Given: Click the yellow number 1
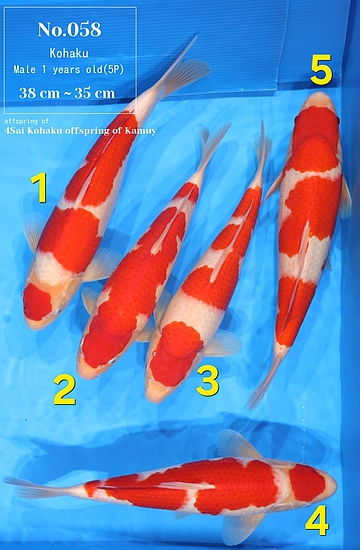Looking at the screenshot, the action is click(x=40, y=188).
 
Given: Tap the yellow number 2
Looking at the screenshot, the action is click(x=65, y=389).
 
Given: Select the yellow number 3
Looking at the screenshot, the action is click(x=208, y=381).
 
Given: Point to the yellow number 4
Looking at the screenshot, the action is click(x=317, y=521).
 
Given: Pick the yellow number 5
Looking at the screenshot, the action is click(x=321, y=69).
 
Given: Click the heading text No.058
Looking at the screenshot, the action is click(x=69, y=29).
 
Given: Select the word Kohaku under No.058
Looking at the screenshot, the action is click(x=69, y=53).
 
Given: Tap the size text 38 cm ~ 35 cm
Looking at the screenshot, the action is click(x=67, y=93).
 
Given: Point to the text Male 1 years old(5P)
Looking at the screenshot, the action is click(x=69, y=70).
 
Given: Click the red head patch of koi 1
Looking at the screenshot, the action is click(x=37, y=302).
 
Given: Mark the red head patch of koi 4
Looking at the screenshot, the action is click(x=307, y=483).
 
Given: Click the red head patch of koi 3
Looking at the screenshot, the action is click(x=174, y=353).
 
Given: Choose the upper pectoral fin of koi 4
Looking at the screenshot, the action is click(x=236, y=445).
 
